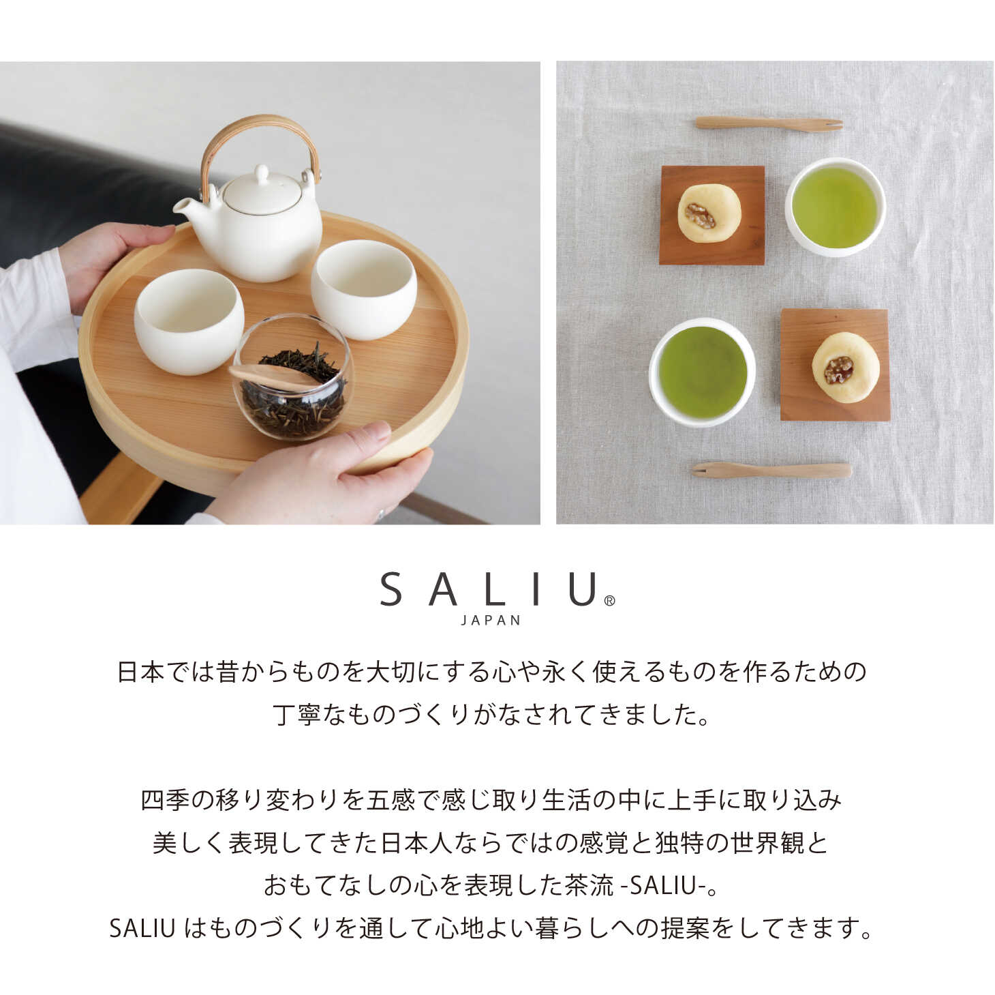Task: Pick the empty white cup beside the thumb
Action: pyautogui.click(x=189, y=321)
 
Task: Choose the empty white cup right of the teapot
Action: pyautogui.click(x=364, y=289)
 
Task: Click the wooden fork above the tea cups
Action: pyautogui.click(x=769, y=124)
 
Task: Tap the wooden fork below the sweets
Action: pyautogui.click(x=771, y=470)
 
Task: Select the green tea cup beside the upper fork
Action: pyautogui.click(x=836, y=207)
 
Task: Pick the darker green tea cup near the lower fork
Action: pyautogui.click(x=702, y=372)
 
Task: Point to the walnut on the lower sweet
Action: pyautogui.click(x=838, y=370)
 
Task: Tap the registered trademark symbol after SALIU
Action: pyautogui.click(x=609, y=601)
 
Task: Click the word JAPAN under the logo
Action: pyautogui.click(x=491, y=621)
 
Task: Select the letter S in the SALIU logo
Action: pyautogui.click(x=391, y=589)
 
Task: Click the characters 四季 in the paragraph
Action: pyautogui.click(x=165, y=800)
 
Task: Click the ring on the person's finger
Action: pyautogui.click(x=381, y=514)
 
